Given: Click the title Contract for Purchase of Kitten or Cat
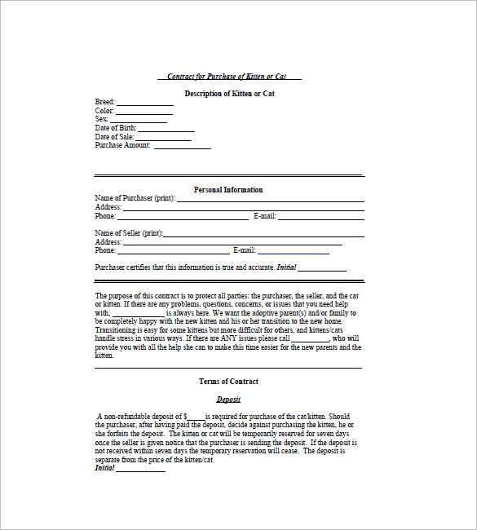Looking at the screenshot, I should [227, 77].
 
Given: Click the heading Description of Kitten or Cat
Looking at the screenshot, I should [229, 94].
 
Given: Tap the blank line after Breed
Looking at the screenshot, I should [144, 104].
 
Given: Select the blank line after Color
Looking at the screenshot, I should [144, 113].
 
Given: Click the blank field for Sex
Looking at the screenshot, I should [138, 121].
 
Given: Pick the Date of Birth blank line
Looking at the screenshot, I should [166, 130].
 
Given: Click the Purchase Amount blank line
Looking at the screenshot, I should [182, 148].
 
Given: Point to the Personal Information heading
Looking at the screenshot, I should [228, 190].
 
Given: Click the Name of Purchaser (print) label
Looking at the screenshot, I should [135, 198].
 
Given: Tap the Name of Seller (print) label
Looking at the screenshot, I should [129, 233].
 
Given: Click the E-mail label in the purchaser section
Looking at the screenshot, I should [265, 216].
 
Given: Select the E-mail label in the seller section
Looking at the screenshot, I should [245, 250].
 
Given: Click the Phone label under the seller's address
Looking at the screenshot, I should [105, 250].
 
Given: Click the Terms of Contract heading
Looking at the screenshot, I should [228, 382].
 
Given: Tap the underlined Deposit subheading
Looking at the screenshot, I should [228, 400].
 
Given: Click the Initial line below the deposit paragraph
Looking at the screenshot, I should [141, 470].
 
